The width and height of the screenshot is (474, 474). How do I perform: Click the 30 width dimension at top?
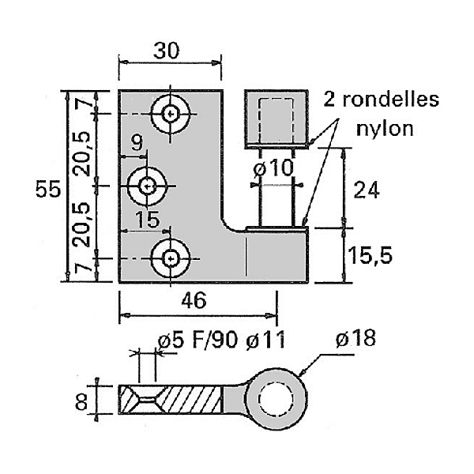click(x=167, y=50)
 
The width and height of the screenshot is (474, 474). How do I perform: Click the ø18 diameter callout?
click(x=355, y=339)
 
